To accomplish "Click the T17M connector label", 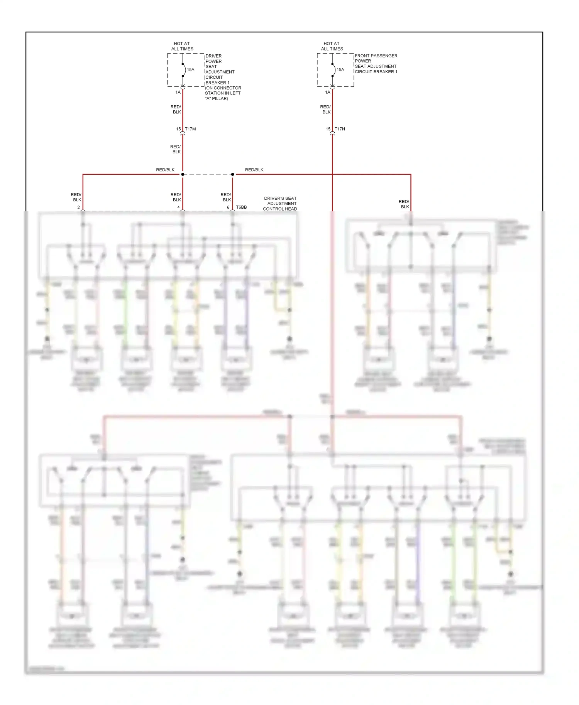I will pyautogui.click(x=190, y=129).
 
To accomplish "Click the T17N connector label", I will pyautogui.click(x=340, y=129).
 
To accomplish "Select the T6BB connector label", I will pyautogui.click(x=241, y=207).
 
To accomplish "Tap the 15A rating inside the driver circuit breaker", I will pyautogui.click(x=191, y=70).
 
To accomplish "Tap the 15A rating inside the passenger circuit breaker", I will pyautogui.click(x=340, y=70).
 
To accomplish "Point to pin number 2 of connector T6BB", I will pyautogui.click(x=79, y=207).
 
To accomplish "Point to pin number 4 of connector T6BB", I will pyautogui.click(x=178, y=207).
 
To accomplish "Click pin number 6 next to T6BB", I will pyautogui.click(x=228, y=207).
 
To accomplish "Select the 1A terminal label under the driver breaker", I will pyautogui.click(x=178, y=92).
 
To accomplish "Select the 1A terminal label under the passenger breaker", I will pyautogui.click(x=327, y=92).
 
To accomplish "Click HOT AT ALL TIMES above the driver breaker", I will pyautogui.click(x=182, y=46).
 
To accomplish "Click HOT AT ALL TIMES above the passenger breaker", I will pyautogui.click(x=332, y=46).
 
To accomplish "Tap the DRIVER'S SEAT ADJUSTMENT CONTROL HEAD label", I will pyautogui.click(x=280, y=203).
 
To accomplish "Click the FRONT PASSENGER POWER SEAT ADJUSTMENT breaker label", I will pyautogui.click(x=376, y=64).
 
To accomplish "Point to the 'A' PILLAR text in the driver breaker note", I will pyautogui.click(x=217, y=99).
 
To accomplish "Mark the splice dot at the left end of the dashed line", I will pyautogui.click(x=183, y=174).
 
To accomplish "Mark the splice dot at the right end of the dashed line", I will pyautogui.click(x=232, y=174).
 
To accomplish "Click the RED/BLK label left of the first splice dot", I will pyautogui.click(x=165, y=170).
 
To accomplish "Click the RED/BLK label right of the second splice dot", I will pyautogui.click(x=254, y=170).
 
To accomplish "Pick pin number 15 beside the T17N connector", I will pyautogui.click(x=328, y=129).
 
